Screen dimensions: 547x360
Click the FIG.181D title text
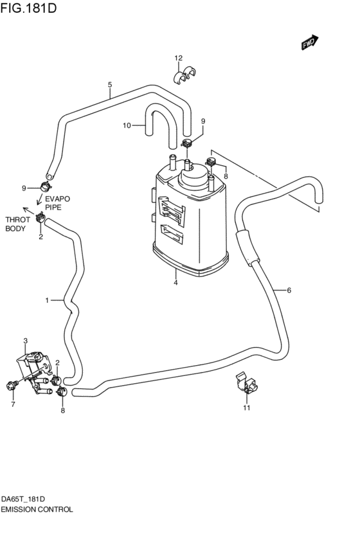[x=30, y=8]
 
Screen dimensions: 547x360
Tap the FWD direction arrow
[x=309, y=42]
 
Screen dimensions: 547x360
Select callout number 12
[x=179, y=58]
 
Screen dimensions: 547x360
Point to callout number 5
[x=110, y=85]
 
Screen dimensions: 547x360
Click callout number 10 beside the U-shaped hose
[x=127, y=125]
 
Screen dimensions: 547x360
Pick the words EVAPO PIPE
[x=57, y=203]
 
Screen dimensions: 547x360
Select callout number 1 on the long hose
[x=47, y=300]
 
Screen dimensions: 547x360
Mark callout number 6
[x=289, y=291]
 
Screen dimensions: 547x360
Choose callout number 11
[x=246, y=408]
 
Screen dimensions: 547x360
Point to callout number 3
[x=25, y=341]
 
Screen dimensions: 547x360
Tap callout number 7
[x=12, y=405]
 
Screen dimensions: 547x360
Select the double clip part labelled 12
[x=185, y=75]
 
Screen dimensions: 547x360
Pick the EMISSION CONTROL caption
[x=37, y=509]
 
